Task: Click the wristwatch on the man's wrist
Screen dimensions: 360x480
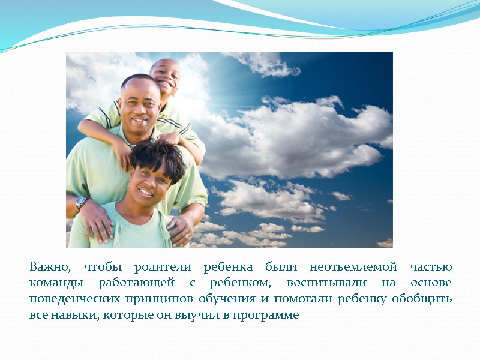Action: (x=82, y=203)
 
